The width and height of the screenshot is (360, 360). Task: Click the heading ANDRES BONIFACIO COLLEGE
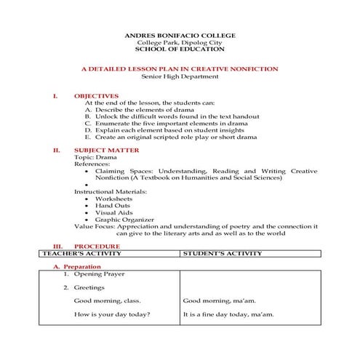(180, 35)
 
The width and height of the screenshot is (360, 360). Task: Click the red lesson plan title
(180, 68)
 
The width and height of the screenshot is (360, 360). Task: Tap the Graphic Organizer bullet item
(124, 219)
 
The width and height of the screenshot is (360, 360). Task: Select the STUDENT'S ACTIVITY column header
(221, 254)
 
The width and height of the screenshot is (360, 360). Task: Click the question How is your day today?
(112, 314)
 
